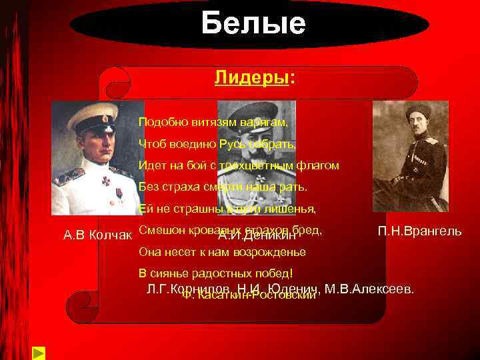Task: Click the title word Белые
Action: [x=253, y=24]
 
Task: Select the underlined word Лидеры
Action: [x=253, y=78]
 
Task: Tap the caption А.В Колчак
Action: [x=97, y=235]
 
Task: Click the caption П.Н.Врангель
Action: [x=419, y=231]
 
